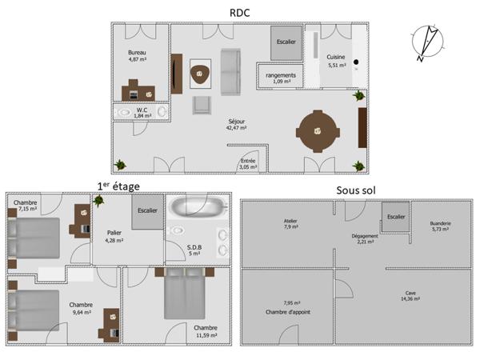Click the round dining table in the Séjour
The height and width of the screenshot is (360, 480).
coord(318,130)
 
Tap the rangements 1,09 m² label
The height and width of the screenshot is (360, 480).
coord(279,78)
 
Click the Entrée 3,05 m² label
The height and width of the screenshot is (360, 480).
coord(249,164)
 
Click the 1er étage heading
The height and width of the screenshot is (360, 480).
coord(118,186)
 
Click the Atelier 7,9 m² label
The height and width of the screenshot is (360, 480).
coord(290,224)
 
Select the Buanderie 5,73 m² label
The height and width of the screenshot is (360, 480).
coord(438,226)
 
